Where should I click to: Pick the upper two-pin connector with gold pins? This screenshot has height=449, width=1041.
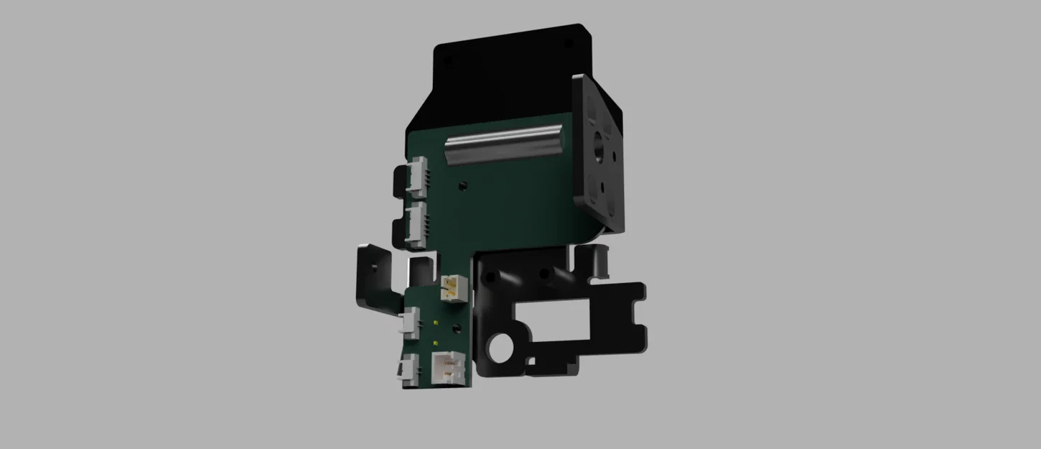coord(452,288)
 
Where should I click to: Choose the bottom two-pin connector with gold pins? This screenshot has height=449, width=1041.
coord(449,369)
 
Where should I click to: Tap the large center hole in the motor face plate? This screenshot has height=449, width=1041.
coord(597,150)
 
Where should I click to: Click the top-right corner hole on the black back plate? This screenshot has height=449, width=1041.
coord(569,44)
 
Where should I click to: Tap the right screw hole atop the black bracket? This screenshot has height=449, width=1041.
coord(545,274)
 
